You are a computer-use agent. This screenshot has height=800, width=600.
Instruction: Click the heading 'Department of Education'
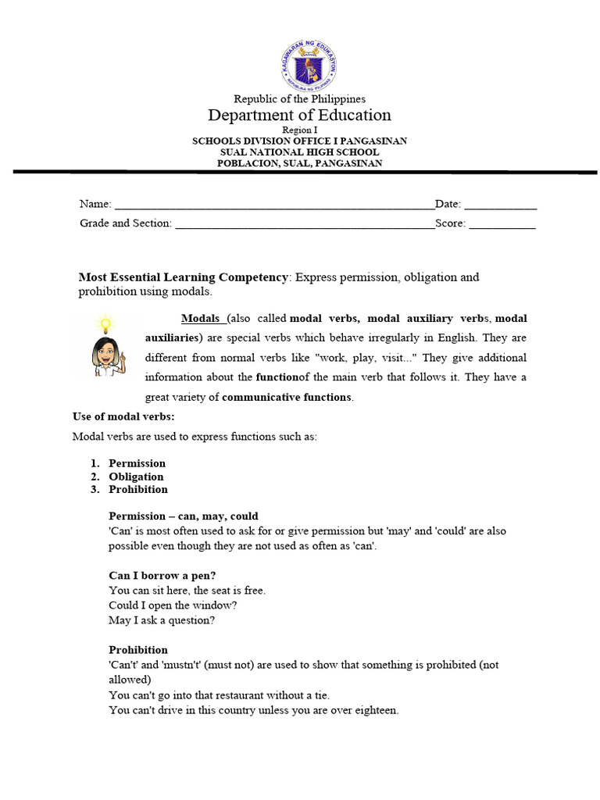point(299,116)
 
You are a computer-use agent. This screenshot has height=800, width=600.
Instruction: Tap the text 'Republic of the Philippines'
point(299,99)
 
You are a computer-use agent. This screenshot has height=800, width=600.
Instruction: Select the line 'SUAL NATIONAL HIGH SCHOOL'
point(299,152)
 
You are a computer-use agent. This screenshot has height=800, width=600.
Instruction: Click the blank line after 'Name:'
point(273,205)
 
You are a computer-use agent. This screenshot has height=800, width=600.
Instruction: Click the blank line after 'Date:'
point(501,205)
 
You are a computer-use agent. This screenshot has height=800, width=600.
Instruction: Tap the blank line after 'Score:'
point(502,223)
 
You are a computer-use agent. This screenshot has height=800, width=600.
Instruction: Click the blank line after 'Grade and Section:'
point(305,223)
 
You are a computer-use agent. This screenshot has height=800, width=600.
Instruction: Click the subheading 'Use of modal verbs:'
point(123,417)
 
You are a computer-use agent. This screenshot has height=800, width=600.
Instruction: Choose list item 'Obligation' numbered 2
point(136,477)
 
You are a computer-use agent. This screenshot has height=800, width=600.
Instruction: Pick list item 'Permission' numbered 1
point(137,463)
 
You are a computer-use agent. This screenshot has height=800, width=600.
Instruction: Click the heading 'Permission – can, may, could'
point(184,516)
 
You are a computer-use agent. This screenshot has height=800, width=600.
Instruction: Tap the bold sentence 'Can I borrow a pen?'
point(162,576)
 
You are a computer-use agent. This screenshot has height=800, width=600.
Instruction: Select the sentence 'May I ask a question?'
point(162,620)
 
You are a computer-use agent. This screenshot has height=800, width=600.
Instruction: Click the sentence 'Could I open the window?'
point(173,605)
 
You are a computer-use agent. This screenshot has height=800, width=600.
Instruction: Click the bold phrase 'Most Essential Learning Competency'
point(184,277)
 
